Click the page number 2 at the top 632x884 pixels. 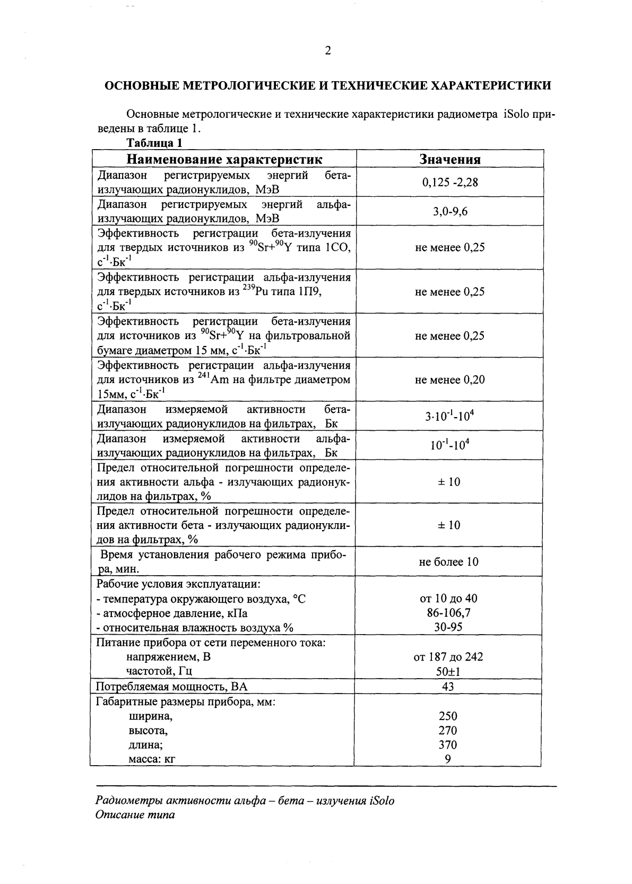tap(327, 51)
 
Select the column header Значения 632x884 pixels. tap(450, 159)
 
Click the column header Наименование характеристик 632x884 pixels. tap(224, 159)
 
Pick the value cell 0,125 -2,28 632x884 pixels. tap(450, 183)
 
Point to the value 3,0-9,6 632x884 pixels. tap(450, 212)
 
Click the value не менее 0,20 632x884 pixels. tap(450, 380)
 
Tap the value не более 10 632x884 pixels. tap(448, 562)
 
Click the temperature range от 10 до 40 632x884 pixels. tap(448, 599)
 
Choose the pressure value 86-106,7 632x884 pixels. tap(448, 613)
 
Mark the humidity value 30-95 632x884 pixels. tap(448, 627)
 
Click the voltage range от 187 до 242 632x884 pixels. tap(448, 657)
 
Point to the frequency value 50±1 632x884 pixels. tap(448, 672)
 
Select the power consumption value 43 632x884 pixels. tap(448, 687)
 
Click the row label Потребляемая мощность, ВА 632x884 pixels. tap(171, 687)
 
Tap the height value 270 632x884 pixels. tap(448, 731)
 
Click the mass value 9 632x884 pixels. tap(448, 759)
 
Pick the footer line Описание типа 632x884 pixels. tap(135, 815)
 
